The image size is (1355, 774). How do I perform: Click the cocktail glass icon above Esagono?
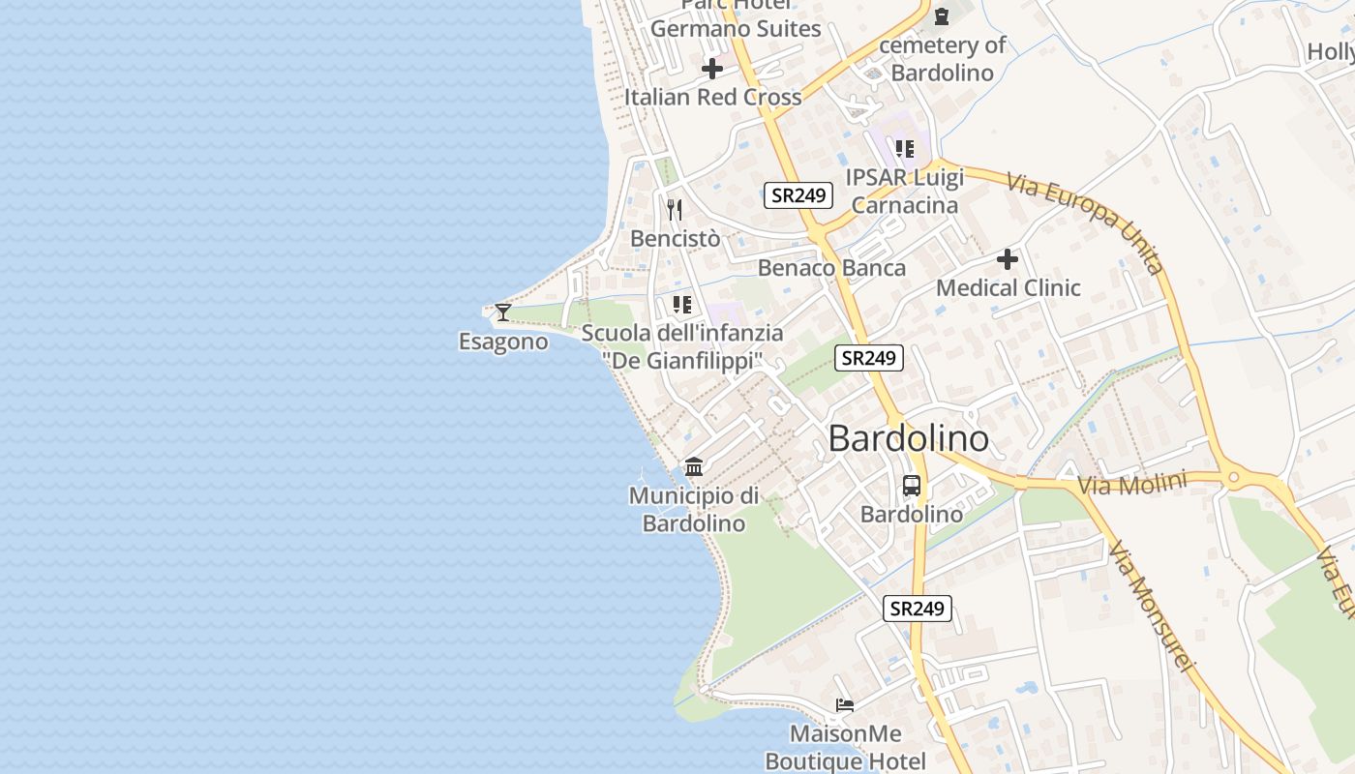(503, 312)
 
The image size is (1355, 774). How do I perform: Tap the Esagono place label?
(503, 342)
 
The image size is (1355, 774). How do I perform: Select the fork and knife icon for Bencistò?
(675, 209)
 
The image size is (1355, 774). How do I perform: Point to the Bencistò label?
(675, 238)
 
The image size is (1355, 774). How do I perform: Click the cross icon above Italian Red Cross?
(712, 69)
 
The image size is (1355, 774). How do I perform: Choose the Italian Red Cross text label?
(712, 97)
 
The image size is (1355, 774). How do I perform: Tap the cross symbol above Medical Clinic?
(1008, 259)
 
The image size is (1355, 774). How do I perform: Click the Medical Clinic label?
(1008, 287)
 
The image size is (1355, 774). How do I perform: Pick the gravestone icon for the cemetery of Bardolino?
(941, 16)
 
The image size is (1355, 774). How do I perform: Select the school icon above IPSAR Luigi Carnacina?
(904, 149)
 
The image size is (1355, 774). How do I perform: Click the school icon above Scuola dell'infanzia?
(682, 305)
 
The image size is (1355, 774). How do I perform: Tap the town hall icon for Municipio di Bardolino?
(694, 467)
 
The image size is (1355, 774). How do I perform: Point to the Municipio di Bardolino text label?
(694, 509)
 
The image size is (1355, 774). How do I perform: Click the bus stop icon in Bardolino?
(912, 486)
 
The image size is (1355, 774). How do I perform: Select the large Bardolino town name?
(909, 438)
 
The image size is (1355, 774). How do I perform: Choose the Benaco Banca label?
(831, 268)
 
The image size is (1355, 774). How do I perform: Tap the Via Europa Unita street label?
(1085, 223)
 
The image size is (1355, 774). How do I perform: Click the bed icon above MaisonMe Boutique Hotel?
(845, 705)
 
